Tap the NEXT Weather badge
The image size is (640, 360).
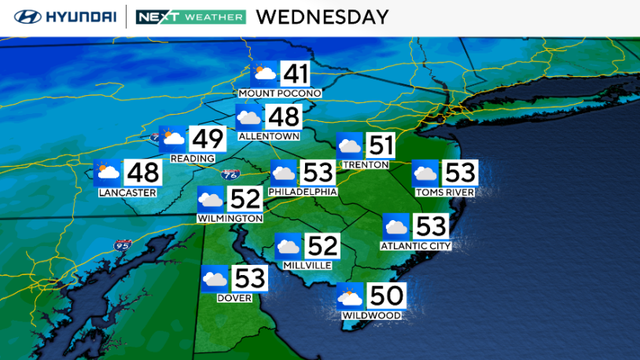190,17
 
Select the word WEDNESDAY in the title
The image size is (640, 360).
322,17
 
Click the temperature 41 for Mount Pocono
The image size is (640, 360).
296,75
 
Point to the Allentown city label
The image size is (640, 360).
269,136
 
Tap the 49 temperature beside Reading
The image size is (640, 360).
208,139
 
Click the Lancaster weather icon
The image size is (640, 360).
107,172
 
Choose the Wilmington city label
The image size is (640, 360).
230,218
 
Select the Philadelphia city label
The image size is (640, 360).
303,192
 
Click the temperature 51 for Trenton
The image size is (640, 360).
381,145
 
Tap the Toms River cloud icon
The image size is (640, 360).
425,173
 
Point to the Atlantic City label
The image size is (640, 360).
414,246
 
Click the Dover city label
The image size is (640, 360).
234,298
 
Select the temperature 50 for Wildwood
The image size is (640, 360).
386,296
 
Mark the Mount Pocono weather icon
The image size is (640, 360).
263,75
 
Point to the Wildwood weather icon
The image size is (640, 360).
350,296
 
